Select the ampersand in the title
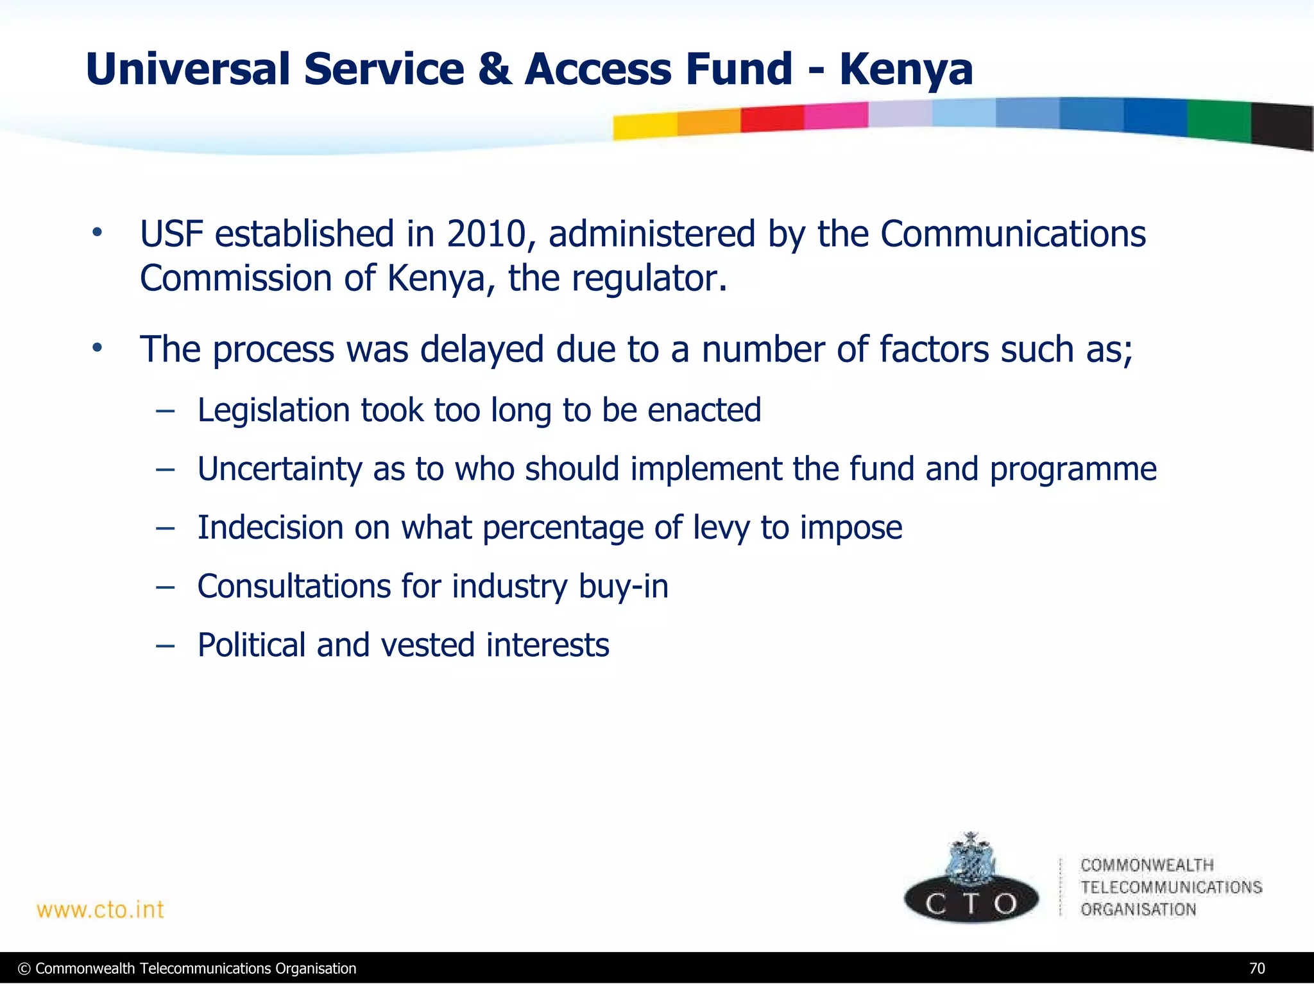495,69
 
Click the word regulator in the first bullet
649,279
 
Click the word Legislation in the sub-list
273,410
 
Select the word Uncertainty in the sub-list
279,469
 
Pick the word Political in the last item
251,645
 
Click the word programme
1073,470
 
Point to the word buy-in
623,587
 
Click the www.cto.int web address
100,910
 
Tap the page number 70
1257,968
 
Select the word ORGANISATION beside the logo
1138,909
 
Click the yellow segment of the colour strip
644,126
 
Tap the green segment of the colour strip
1218,121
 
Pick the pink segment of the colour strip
835,116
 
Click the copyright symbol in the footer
24,969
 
